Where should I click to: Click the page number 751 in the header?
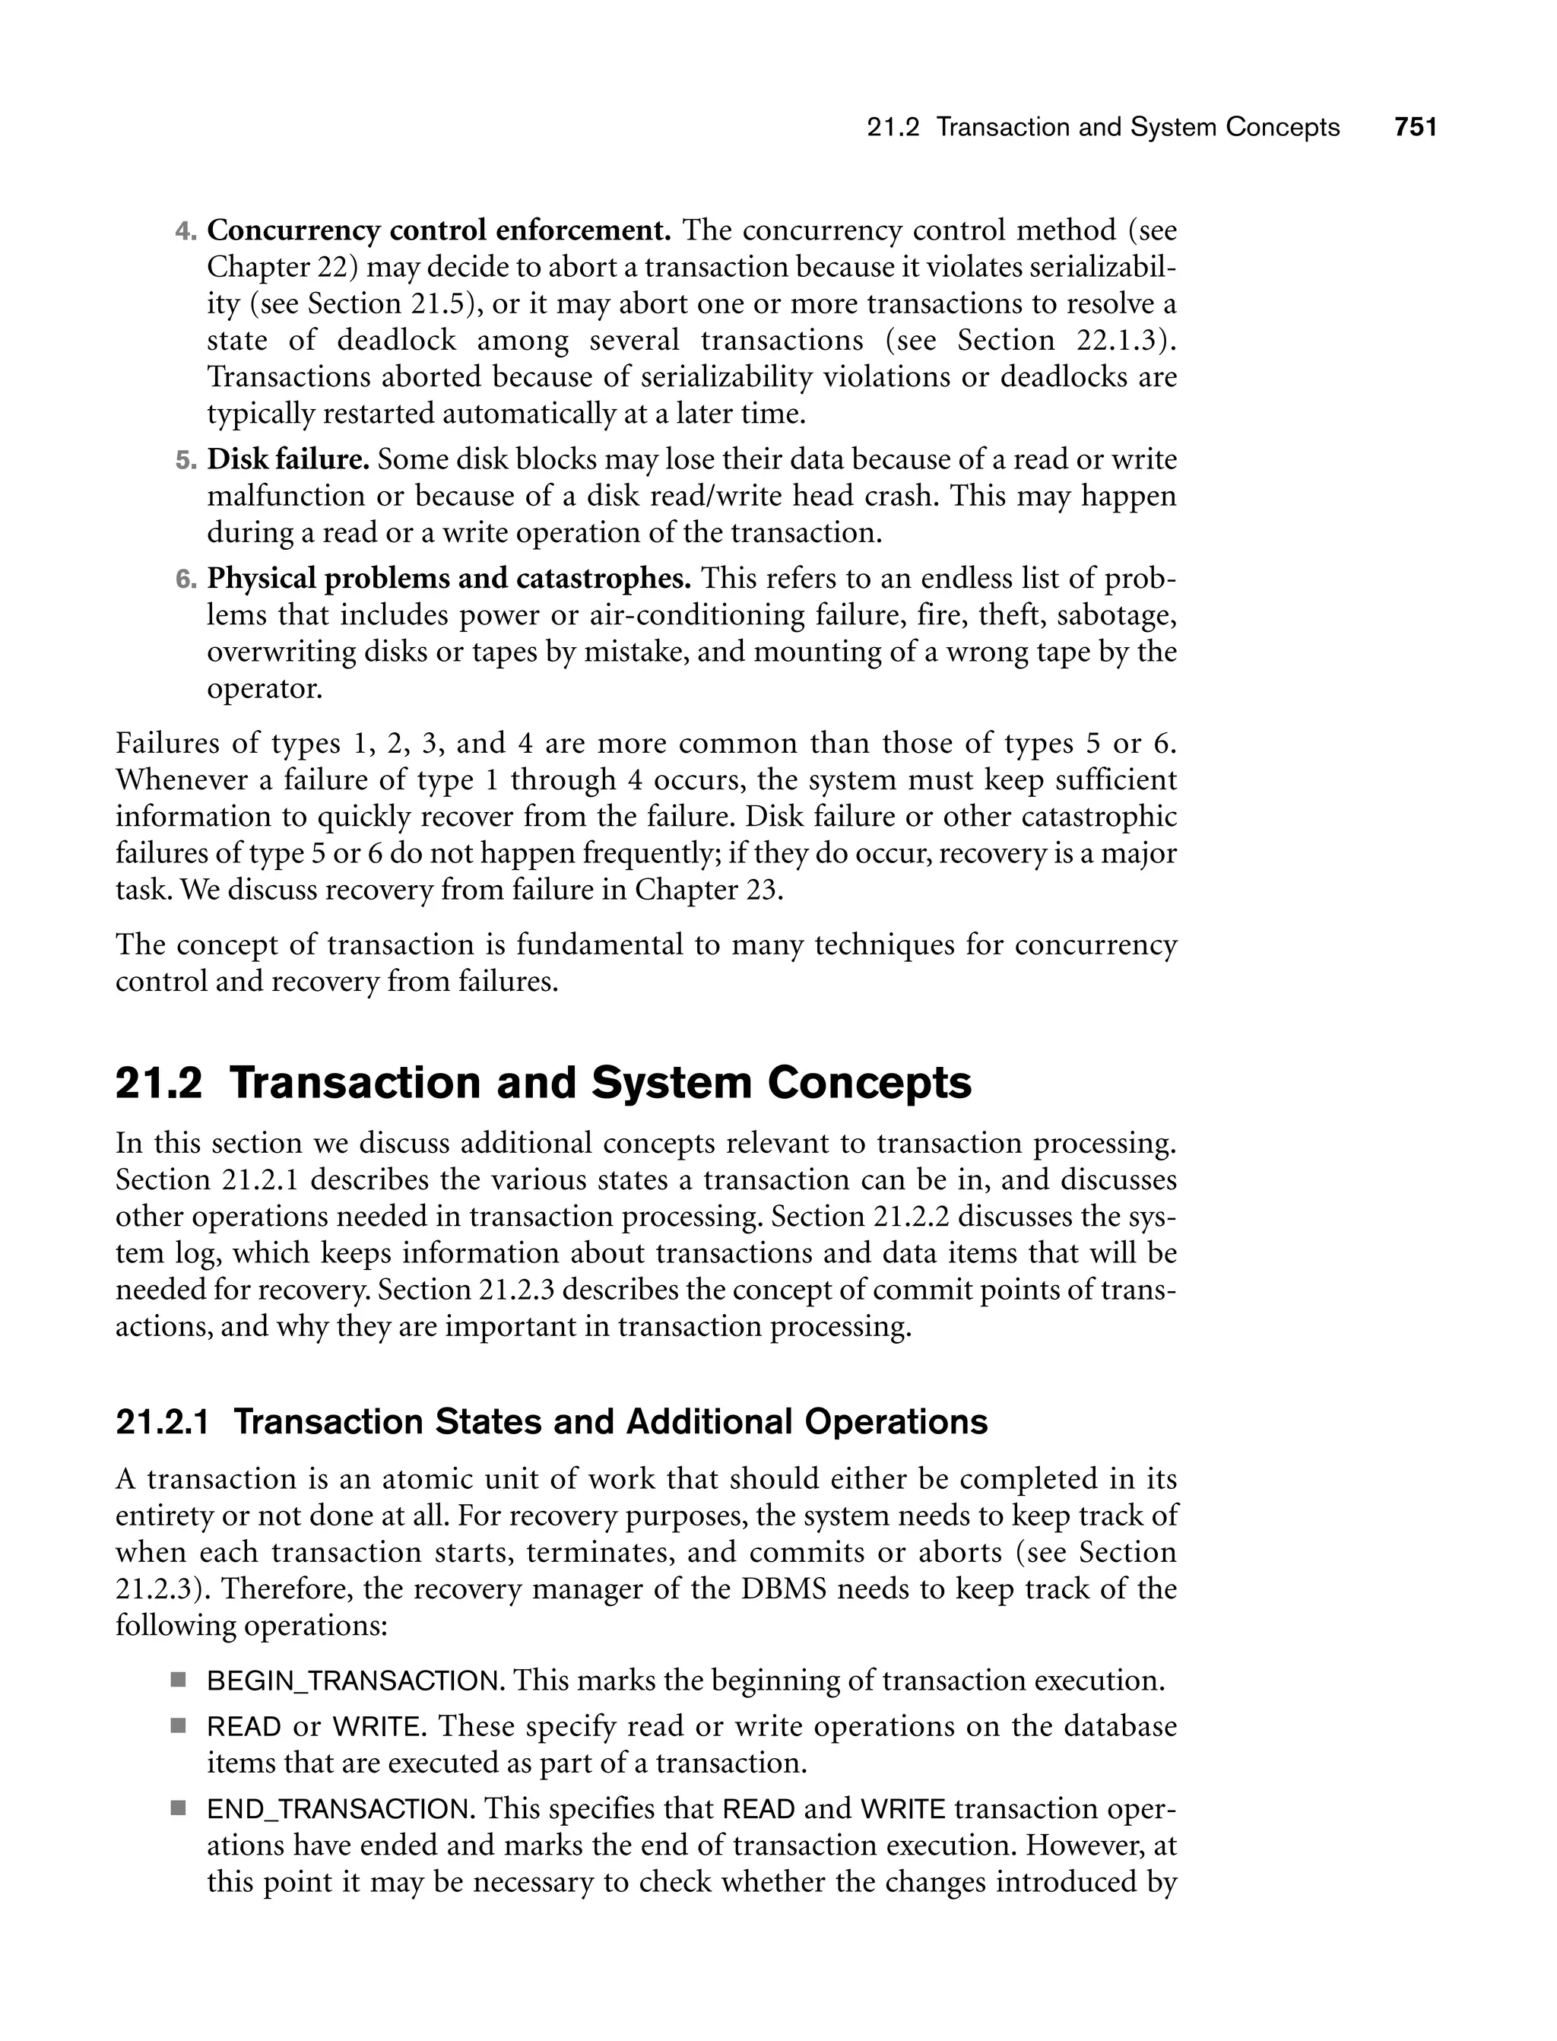(x=1415, y=128)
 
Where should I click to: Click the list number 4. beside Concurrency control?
(x=186, y=232)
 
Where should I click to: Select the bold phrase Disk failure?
(x=288, y=460)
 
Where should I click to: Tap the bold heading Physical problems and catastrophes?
(x=449, y=579)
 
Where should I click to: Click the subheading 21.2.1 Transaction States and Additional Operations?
(x=551, y=1422)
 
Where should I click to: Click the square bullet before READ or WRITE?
(x=178, y=1726)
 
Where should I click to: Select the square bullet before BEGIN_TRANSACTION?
(x=178, y=1681)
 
